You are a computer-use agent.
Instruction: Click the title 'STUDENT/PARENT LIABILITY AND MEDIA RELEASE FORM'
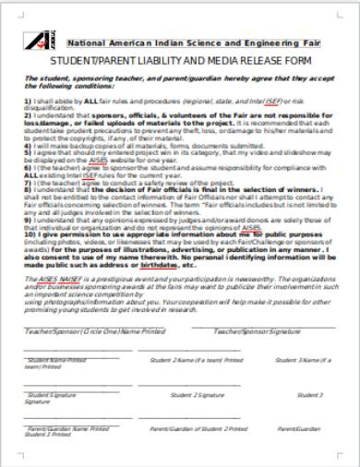(181, 63)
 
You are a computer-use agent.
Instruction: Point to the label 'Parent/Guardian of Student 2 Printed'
(198, 428)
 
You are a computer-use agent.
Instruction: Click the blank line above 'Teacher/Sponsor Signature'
(263, 326)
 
